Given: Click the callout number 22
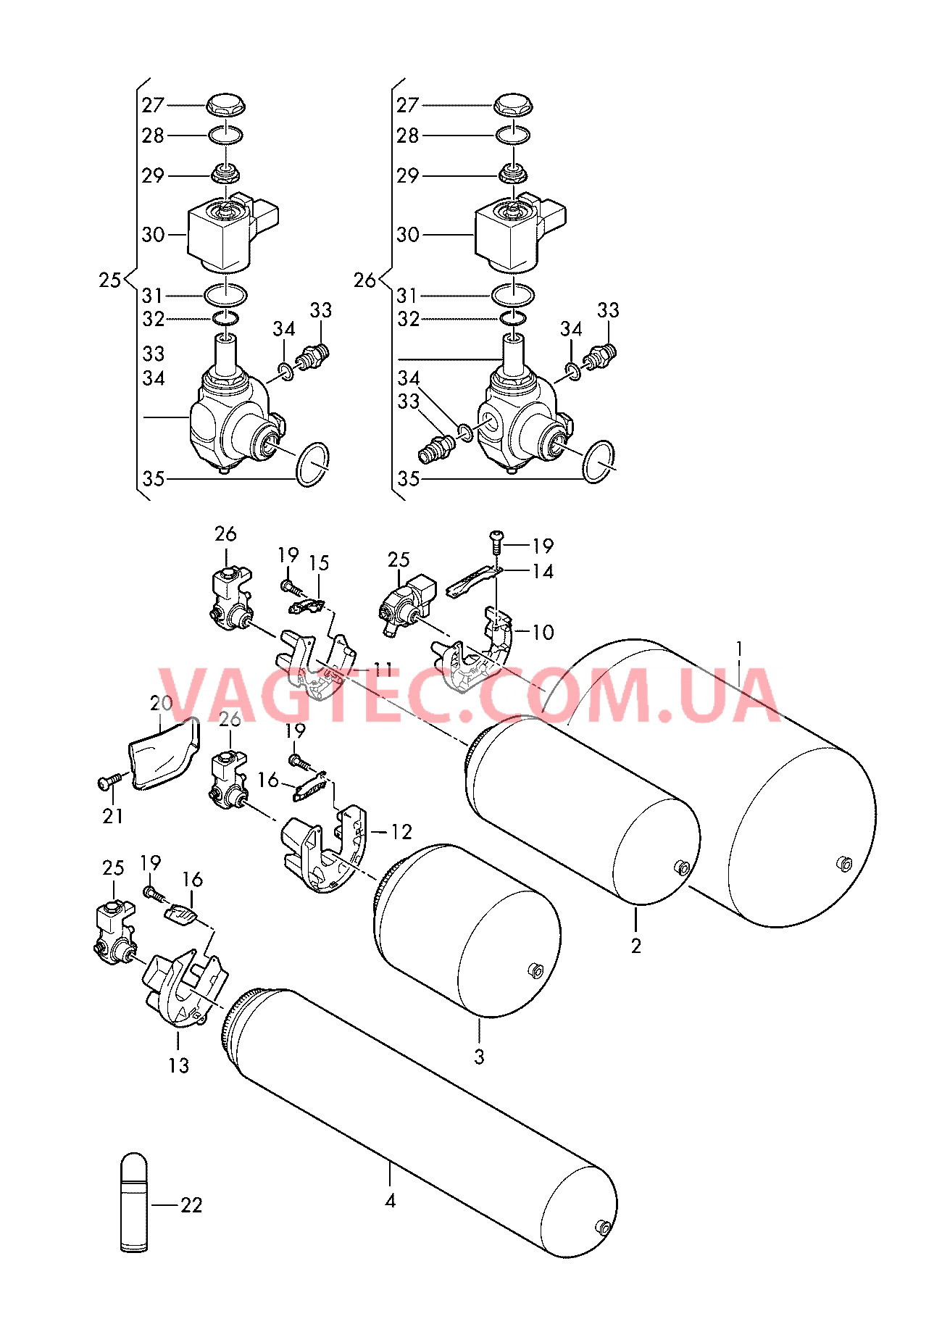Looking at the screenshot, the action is tap(191, 1205).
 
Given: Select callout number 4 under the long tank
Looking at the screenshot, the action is tap(391, 1202).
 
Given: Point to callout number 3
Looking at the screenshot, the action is tap(479, 1057).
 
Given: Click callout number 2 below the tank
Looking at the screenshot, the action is tap(636, 946).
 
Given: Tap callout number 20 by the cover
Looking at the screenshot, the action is tap(161, 703).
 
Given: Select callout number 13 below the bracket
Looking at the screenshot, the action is tap(178, 1065).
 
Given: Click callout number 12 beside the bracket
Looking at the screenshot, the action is tap(401, 831).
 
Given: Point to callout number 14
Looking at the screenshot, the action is tap(543, 572).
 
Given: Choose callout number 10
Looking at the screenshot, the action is tap(543, 632).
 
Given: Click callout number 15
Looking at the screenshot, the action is tap(319, 563).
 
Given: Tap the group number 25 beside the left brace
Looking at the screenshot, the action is tap(110, 280).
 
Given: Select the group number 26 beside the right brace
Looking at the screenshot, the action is tap(364, 280).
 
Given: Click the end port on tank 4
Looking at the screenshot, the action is tap(601, 1226).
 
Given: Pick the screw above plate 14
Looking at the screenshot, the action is tap(496, 541).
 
